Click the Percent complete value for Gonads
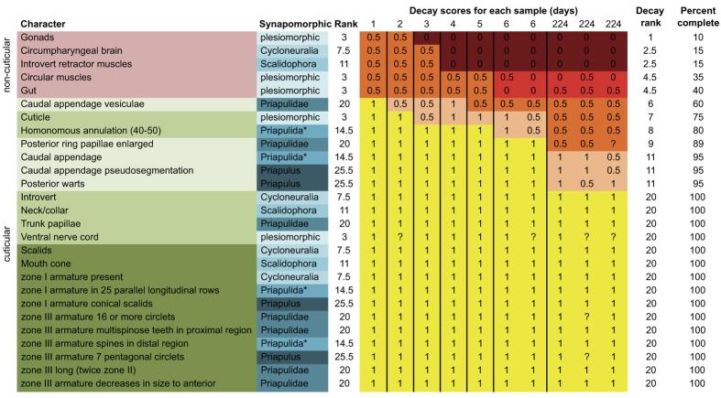coord(692,36)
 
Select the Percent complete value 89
coord(692,144)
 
